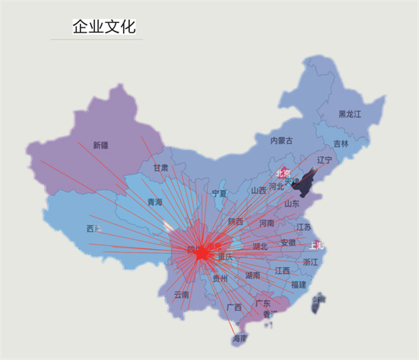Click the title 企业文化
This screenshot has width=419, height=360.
coord(104,27)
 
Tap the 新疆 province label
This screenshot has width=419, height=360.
coord(101,145)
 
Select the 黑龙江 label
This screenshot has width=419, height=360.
coord(350,114)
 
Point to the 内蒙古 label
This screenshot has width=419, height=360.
coord(281,140)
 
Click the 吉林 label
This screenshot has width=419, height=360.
coord(340,144)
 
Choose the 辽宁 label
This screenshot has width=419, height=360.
coord(325,160)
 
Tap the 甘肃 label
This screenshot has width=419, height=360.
coord(161,168)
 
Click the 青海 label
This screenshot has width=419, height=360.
coord(154,202)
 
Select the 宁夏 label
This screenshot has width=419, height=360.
coord(219,193)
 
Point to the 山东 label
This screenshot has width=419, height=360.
coord(291,204)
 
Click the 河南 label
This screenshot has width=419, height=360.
coord(267,224)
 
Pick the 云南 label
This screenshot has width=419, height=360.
coord(181,295)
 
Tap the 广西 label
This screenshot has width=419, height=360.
coord(234,307)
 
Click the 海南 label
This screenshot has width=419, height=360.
coord(240,339)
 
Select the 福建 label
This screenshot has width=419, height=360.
coord(298,285)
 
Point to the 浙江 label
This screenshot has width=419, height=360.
coord(310,262)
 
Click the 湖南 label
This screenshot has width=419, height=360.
coord(252,276)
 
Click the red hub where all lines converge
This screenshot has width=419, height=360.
coord(201,255)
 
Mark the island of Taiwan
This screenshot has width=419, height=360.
coord(319,301)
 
